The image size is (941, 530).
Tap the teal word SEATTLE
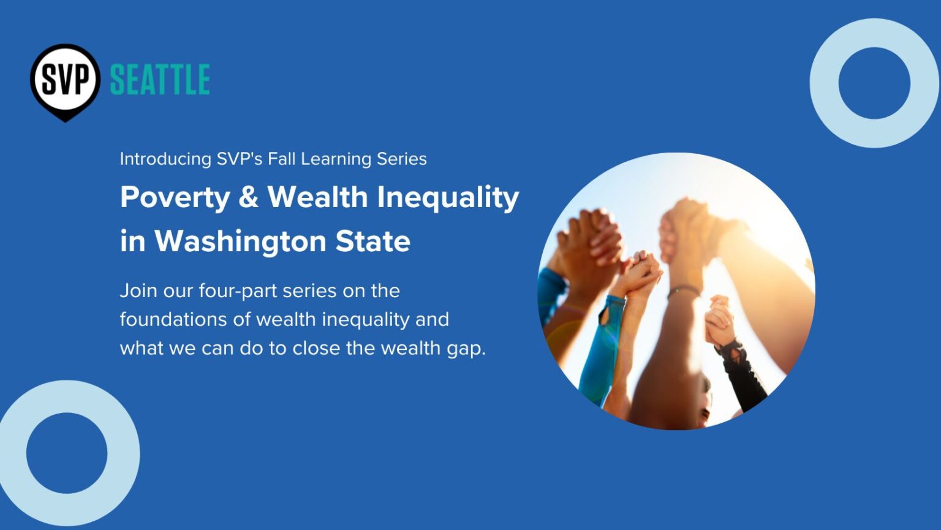click(160, 80)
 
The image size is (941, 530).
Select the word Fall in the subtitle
click(282, 159)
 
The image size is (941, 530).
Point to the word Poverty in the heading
click(175, 198)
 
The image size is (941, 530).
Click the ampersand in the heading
click(248, 198)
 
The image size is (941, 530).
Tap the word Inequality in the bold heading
click(448, 198)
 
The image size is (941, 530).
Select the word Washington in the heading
click(240, 241)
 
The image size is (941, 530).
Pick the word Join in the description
click(138, 290)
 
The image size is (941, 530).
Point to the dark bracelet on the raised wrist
click(683, 291)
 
